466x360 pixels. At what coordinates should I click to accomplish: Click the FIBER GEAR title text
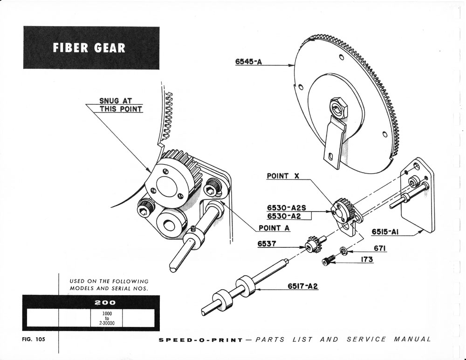[x=89, y=48]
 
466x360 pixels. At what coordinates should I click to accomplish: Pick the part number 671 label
[x=381, y=249]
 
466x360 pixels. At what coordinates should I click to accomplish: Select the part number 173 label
[x=367, y=260]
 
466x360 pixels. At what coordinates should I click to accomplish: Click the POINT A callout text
[x=274, y=228]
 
